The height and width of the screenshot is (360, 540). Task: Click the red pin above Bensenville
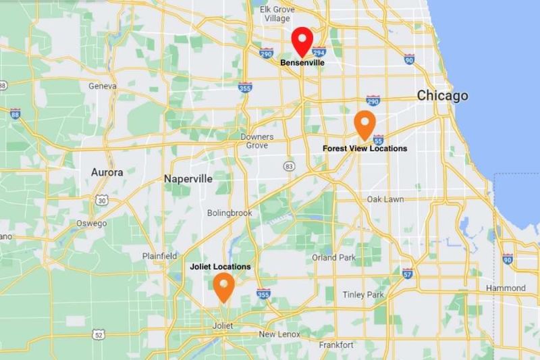tap(302, 41)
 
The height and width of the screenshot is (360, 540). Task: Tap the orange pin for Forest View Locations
tap(365, 124)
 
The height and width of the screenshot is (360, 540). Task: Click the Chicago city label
tap(442, 96)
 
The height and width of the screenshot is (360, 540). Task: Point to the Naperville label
tap(188, 179)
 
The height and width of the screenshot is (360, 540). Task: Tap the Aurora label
tap(107, 172)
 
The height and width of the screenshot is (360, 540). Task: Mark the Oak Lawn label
tap(385, 199)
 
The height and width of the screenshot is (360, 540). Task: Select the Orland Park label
tap(333, 257)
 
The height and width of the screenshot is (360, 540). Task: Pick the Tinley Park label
tap(363, 294)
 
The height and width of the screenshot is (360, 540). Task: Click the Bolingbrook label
tap(230, 213)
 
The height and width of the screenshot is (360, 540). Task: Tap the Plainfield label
tap(159, 256)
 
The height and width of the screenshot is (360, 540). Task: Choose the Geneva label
tap(103, 86)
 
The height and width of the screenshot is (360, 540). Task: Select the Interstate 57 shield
tap(407, 273)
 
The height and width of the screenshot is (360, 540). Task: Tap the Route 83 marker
tap(290, 165)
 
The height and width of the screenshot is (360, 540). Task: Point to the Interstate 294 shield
tap(319, 52)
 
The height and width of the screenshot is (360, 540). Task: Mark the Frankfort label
tap(337, 344)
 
